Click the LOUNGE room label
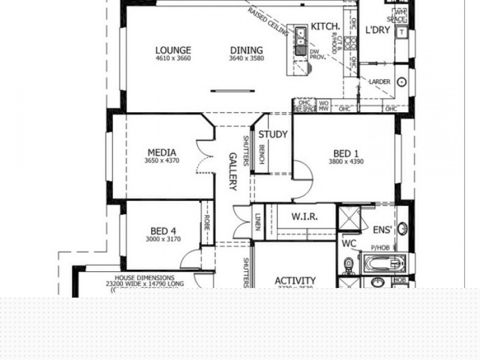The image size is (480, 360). [173, 50]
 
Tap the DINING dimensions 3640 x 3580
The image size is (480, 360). [246, 59]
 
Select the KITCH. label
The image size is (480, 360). [326, 26]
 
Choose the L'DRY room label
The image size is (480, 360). [378, 30]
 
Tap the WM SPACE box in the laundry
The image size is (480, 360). [400, 16]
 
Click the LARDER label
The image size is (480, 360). [380, 82]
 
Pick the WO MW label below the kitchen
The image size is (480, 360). [323, 106]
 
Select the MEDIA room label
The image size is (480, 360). [161, 153]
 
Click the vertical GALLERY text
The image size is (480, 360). [233, 171]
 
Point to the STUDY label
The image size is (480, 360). [273, 134]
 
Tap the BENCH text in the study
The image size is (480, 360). [262, 155]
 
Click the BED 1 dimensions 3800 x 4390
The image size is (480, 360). [346, 161]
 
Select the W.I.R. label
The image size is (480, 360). [305, 217]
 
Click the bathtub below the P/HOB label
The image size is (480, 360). [384, 263]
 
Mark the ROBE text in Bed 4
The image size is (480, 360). [206, 224]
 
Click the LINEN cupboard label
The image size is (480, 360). [257, 221]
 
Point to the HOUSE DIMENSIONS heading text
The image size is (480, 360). [145, 278]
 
